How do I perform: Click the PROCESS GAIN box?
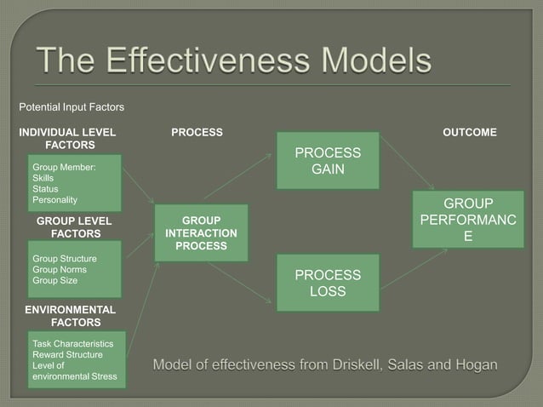point(327,161)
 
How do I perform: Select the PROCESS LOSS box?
point(327,284)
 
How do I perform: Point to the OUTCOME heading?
point(470,132)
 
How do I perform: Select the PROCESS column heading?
point(197,132)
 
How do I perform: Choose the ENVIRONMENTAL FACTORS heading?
point(70,316)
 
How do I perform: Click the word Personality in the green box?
point(54,200)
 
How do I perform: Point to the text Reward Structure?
point(67,354)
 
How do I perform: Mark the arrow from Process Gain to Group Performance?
point(407,163)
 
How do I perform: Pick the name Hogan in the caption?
point(476,365)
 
